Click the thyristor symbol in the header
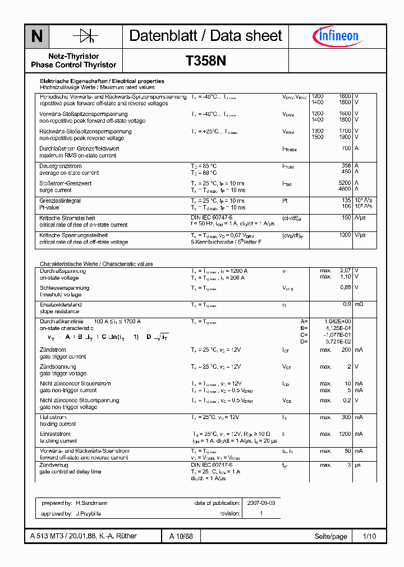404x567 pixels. [x=85, y=36]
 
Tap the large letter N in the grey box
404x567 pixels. [x=37, y=36]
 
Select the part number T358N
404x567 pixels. [x=205, y=61]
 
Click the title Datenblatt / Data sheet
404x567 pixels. [x=205, y=36]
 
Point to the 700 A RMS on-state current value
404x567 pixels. [x=346, y=148]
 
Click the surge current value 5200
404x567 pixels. [x=345, y=183]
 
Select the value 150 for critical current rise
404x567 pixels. [x=346, y=218]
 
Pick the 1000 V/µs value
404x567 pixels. [x=345, y=235]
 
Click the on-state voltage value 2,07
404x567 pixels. [x=345, y=271]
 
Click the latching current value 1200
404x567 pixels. [x=344, y=434]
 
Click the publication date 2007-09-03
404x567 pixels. [x=261, y=503]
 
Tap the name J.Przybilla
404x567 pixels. [x=88, y=513]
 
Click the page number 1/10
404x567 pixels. [x=369, y=536]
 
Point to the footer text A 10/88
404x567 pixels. [x=181, y=536]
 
